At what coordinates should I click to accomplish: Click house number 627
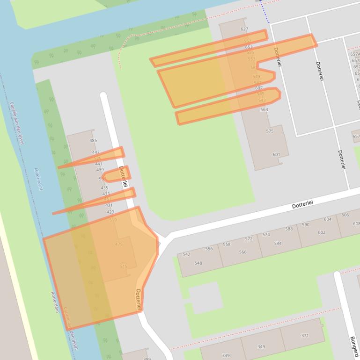244,29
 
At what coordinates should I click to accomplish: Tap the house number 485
93,140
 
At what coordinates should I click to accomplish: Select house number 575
270,131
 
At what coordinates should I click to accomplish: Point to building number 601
276,155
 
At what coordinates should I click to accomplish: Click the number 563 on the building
264,110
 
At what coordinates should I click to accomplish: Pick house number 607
259,88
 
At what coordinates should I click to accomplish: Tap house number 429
110,212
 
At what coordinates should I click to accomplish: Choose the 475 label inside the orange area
118,245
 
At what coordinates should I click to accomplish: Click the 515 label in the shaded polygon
123,266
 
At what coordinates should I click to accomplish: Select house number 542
186,254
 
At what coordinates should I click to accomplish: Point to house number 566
242,252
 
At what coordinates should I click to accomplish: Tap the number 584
278,244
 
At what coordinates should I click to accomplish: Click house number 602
322,232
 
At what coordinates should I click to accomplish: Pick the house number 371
305,336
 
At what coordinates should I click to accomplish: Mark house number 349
261,347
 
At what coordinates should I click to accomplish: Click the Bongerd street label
354,346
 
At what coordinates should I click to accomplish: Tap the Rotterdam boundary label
54,302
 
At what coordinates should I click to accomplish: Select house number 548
198,263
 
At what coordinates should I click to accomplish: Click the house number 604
327,219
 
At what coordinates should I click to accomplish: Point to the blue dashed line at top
265,12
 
